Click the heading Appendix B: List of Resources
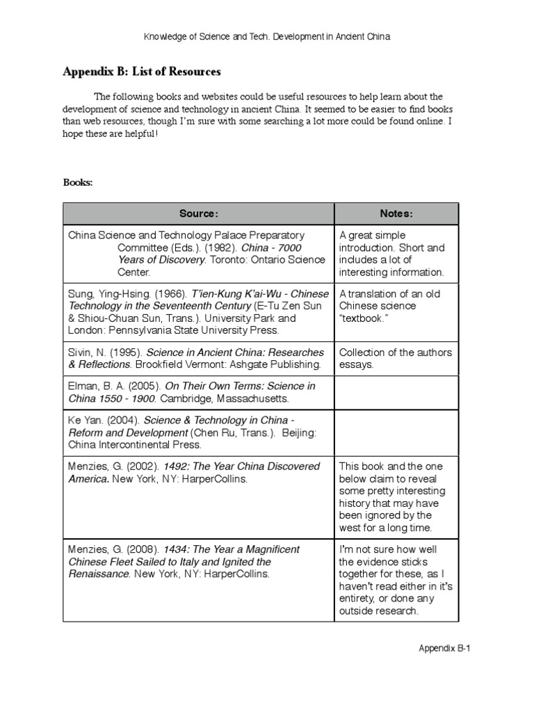[142, 72]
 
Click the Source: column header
[199, 213]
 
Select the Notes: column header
[396, 213]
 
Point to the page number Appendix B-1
[445, 648]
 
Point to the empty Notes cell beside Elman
[396, 393]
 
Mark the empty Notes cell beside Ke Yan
[396, 432]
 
